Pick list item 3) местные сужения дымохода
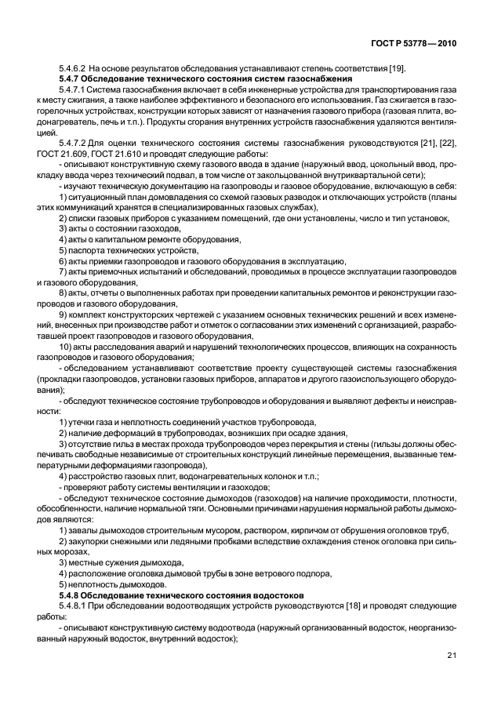pyautogui.click(x=121, y=563)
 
